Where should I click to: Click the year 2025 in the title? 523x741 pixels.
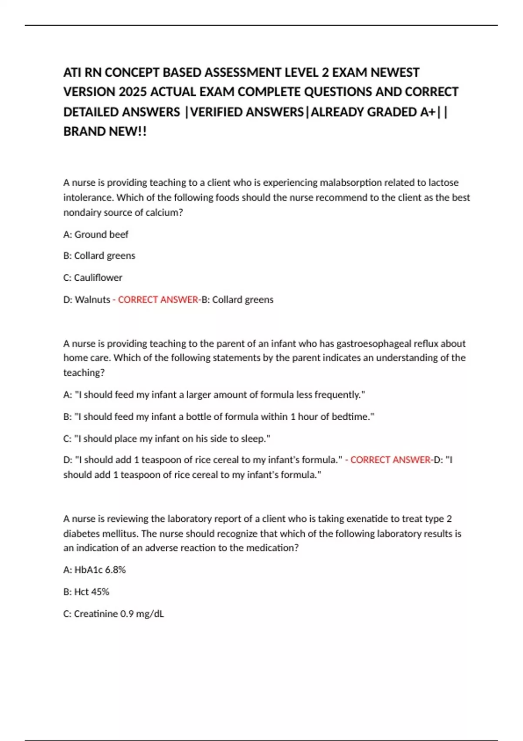tap(133, 92)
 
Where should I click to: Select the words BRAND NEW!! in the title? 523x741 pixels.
tap(105, 132)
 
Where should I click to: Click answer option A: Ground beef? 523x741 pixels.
tap(96, 235)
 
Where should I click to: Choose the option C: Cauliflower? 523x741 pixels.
tap(93, 278)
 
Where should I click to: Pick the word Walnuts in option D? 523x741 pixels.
tap(92, 300)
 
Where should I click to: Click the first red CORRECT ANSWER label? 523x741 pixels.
tap(158, 300)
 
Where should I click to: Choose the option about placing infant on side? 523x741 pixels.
tap(166, 438)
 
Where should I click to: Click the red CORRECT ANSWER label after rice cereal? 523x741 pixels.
tap(391, 460)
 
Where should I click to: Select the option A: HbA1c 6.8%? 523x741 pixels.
tap(95, 570)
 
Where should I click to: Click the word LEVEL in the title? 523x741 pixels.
tap(302, 72)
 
